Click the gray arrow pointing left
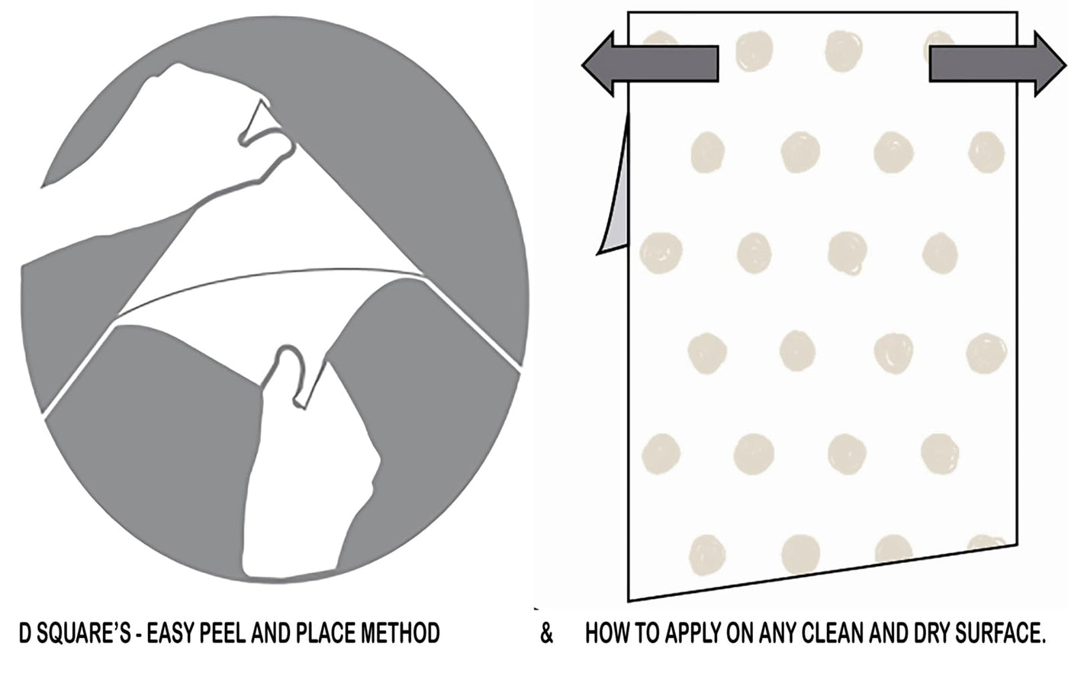650,64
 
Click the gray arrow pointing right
998,64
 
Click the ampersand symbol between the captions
547,634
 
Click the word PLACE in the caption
325,633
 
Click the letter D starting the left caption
25,633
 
